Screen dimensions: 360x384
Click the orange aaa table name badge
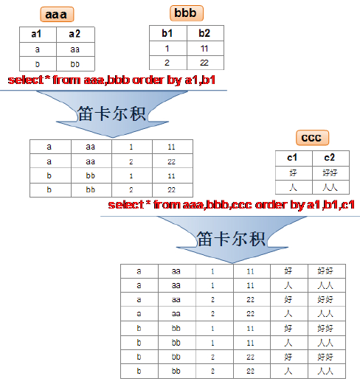(57, 14)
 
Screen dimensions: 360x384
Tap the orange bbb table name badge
(187, 13)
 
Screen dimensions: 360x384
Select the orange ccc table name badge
(312, 138)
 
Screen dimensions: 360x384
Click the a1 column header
(38, 34)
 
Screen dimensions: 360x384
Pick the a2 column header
(75, 34)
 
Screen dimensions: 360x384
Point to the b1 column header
(168, 33)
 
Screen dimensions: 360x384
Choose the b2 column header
(205, 33)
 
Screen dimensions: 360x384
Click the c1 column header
(294, 158)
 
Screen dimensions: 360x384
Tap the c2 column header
(330, 158)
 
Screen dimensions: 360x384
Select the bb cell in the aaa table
(75, 64)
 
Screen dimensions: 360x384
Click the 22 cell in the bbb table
(205, 63)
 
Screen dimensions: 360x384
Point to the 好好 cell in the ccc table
(330, 173)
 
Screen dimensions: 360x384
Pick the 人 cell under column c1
(294, 187)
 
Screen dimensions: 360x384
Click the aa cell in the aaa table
(75, 49)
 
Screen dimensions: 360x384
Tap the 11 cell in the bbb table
(205, 49)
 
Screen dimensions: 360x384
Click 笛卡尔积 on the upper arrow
(111, 114)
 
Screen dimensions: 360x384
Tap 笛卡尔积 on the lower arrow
(231, 238)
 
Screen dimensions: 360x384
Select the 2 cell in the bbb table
(168, 63)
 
